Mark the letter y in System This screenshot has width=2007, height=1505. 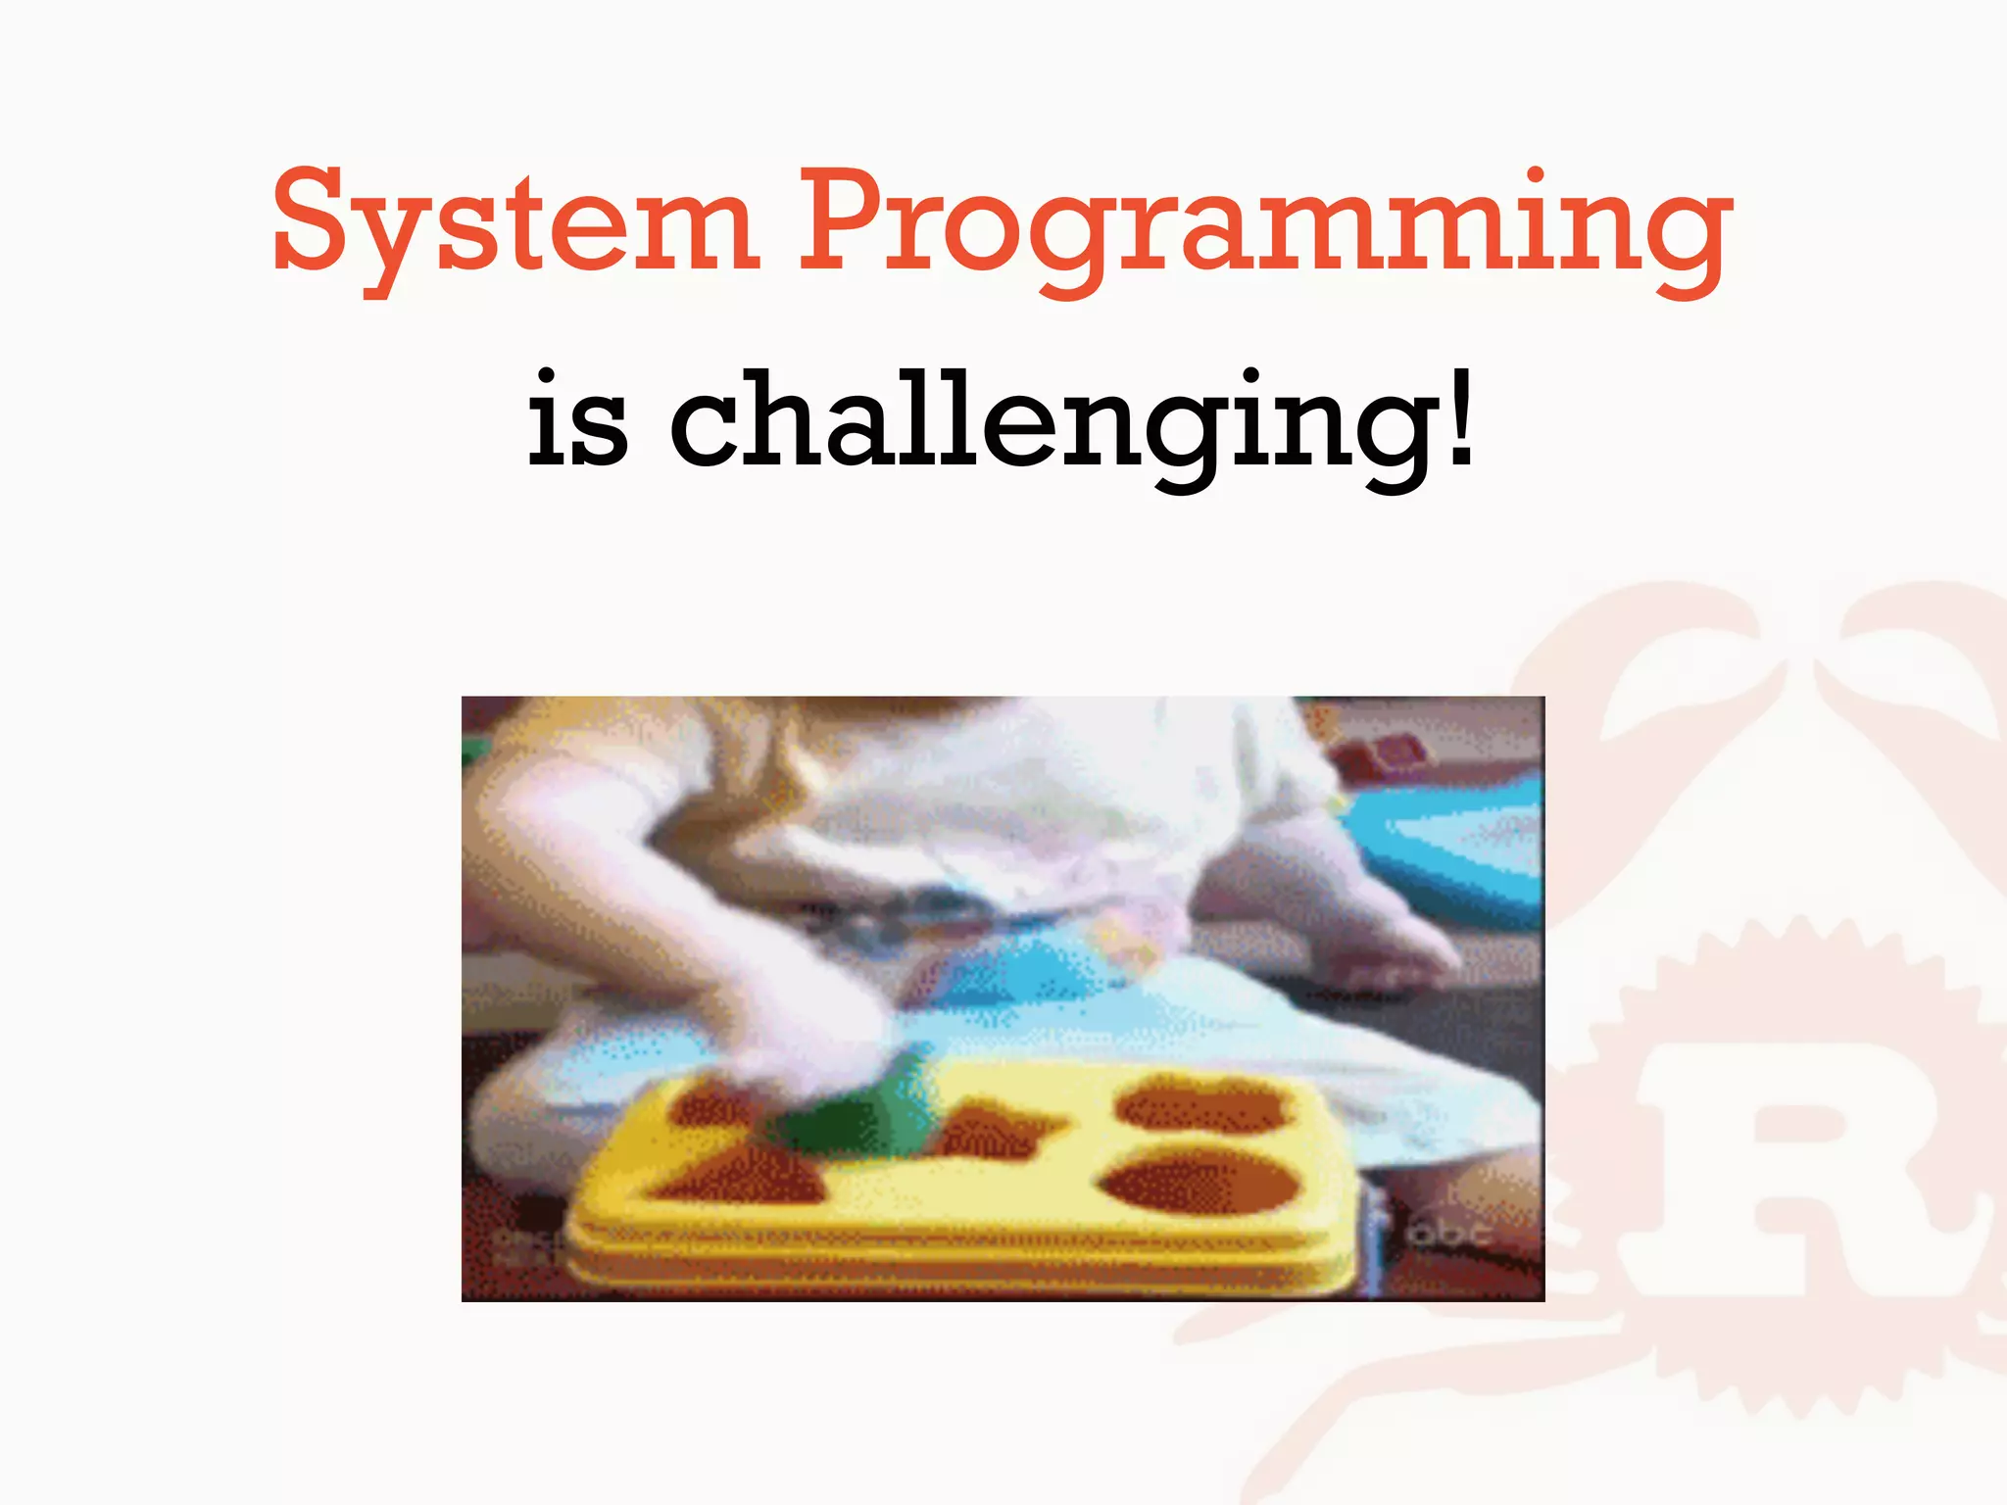[393, 240]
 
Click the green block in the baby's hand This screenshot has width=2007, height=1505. [848, 1112]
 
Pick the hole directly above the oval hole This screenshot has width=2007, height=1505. [1200, 1102]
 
